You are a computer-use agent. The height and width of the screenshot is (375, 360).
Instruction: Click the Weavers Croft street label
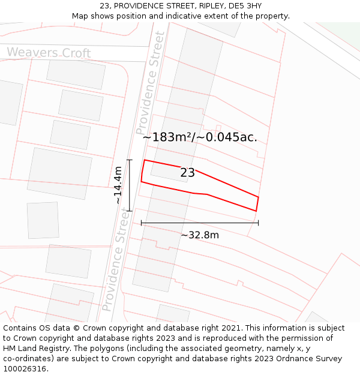49,53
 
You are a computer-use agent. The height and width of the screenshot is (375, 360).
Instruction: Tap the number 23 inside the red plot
187,173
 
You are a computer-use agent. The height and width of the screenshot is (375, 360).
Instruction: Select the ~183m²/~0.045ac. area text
200,137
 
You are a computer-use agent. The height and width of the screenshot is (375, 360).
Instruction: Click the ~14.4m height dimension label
118,185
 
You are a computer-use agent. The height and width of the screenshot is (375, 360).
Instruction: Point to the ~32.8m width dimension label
200,235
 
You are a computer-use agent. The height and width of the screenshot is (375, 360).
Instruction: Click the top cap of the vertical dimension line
130,160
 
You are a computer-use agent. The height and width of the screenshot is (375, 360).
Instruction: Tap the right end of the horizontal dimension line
259,223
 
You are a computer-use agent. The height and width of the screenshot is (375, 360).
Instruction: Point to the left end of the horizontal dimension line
142,223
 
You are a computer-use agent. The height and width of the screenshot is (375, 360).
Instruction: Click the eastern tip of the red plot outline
259,197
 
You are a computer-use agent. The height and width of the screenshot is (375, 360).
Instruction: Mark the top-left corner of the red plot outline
145,160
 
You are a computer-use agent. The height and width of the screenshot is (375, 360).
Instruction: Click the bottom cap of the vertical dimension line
130,211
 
